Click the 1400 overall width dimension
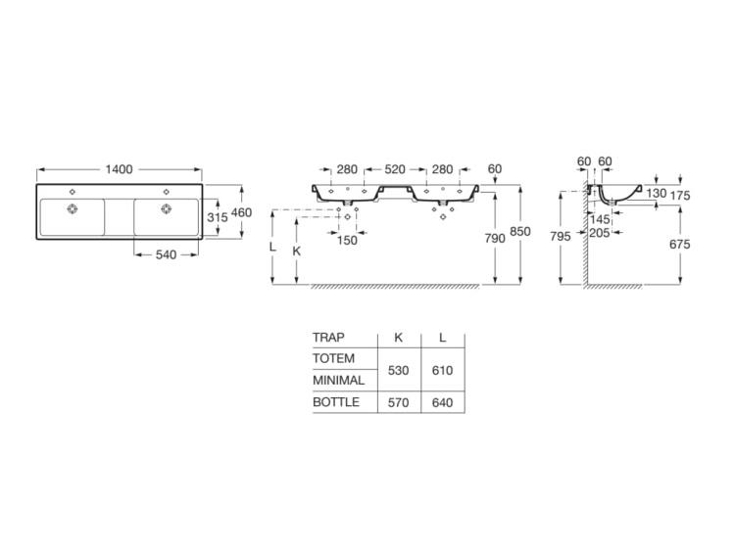(119, 169)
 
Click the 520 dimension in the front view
(395, 169)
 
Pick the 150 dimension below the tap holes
(348, 240)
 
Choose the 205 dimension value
(601, 233)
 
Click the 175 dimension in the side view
(680, 196)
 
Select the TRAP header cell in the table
(328, 338)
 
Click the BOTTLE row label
(336, 401)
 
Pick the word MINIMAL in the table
(338, 380)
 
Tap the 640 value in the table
(442, 401)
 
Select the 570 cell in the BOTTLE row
(398, 401)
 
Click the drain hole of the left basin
(73, 208)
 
